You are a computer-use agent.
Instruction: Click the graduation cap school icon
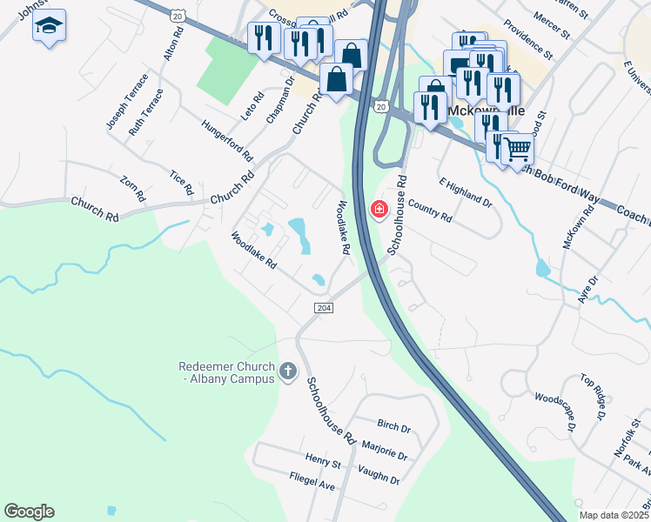[50, 26]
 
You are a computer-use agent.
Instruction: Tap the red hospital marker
[379, 210]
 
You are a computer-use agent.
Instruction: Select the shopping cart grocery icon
[517, 150]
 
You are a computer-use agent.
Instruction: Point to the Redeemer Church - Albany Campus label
[226, 373]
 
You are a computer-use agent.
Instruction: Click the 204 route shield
[323, 309]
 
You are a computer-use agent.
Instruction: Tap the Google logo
[29, 512]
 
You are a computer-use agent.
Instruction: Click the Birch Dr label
[393, 427]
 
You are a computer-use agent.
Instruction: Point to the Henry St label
[323, 460]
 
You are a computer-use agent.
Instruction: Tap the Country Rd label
[430, 212]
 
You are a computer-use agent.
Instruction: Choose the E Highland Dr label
[466, 192]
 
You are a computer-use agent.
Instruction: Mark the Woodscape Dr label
[554, 412]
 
